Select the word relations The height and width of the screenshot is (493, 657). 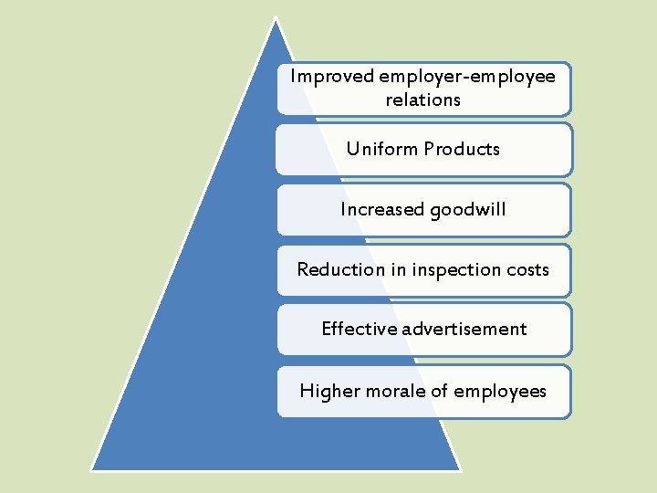[423, 100]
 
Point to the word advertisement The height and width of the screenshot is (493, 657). [467, 329]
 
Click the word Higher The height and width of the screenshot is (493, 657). [329, 392]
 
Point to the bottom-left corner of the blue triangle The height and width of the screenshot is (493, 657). [92, 469]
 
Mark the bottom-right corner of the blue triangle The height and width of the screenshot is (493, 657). [459, 469]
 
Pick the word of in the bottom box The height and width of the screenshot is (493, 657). [440, 392]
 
